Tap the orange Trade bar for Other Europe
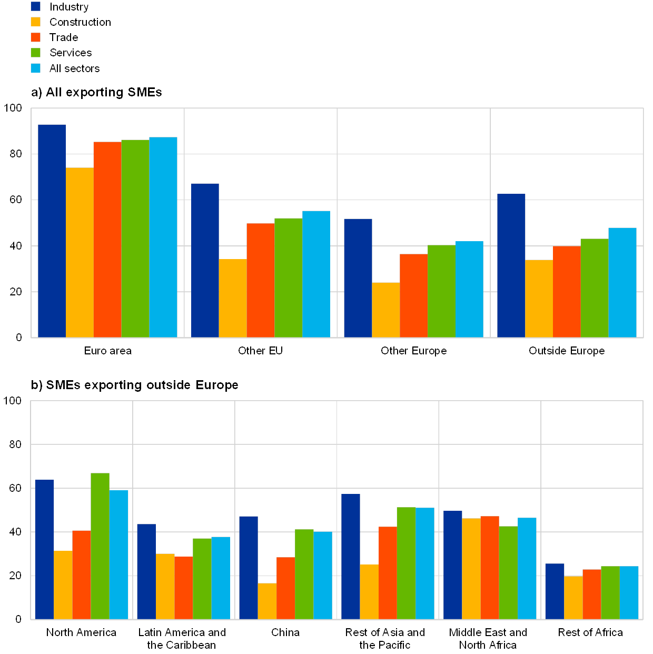[x=413, y=295]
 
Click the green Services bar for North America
[x=100, y=546]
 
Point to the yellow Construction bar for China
[x=267, y=601]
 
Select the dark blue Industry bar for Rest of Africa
[x=555, y=591]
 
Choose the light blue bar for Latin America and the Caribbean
[x=221, y=578]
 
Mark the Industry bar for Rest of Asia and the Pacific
[x=351, y=557]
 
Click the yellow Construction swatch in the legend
[x=36, y=22]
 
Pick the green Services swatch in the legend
[x=36, y=53]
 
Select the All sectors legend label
[x=74, y=68]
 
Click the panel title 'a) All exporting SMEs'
[x=97, y=93]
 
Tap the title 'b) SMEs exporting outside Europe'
[x=136, y=385]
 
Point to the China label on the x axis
[x=286, y=632]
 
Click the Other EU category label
[x=260, y=351]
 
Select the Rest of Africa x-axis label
[x=592, y=632]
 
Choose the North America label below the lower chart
[x=82, y=632]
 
